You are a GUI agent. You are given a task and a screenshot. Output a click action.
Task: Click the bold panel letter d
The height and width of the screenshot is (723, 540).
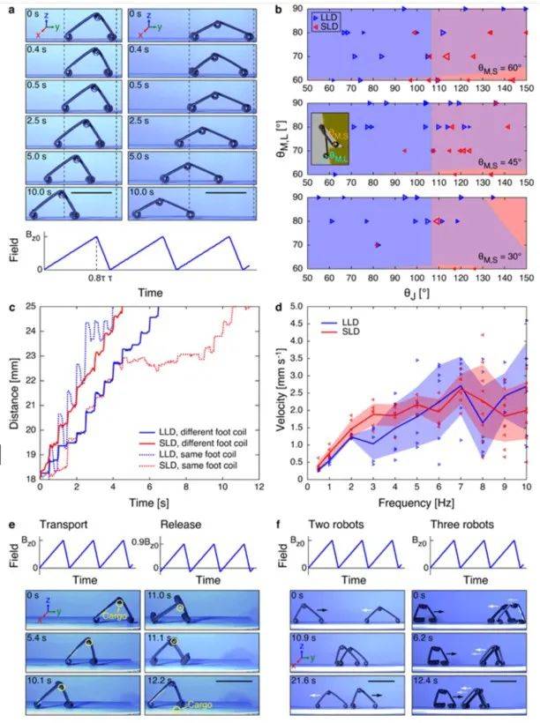point(279,308)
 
